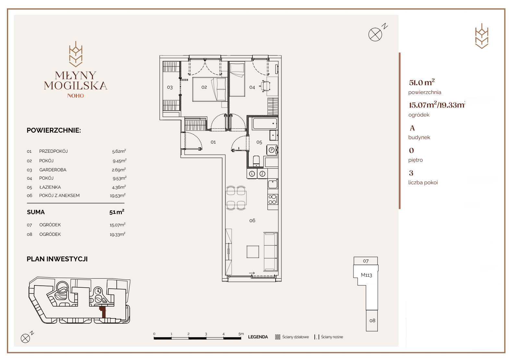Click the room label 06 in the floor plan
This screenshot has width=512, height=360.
coord(252,221)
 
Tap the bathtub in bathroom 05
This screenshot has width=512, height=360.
coord(265,124)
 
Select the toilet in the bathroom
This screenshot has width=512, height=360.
coord(256,162)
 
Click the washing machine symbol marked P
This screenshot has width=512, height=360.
coord(271,150)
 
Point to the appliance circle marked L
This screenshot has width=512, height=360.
coord(252,174)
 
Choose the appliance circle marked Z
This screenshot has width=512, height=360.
coord(262,174)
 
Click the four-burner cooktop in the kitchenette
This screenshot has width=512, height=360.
coord(273,199)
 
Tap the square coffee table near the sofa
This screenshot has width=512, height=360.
coord(253,252)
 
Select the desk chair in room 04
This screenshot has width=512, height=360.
coord(265,86)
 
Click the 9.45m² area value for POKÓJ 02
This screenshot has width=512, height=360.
coord(120,161)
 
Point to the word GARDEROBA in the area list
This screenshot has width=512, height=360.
coord(53,170)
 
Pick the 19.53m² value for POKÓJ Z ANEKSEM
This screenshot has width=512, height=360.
coord(118,196)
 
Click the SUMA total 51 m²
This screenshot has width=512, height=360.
coord(117,212)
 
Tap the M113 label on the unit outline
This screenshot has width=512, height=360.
coord(366,275)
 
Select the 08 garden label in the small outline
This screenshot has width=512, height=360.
coord(372,320)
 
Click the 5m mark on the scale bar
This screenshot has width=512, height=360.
coord(241,334)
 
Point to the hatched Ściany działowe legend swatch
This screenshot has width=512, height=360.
coord(278,337)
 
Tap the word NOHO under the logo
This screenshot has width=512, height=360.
coord(76,96)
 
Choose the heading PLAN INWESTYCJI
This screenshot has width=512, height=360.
coord(57,259)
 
